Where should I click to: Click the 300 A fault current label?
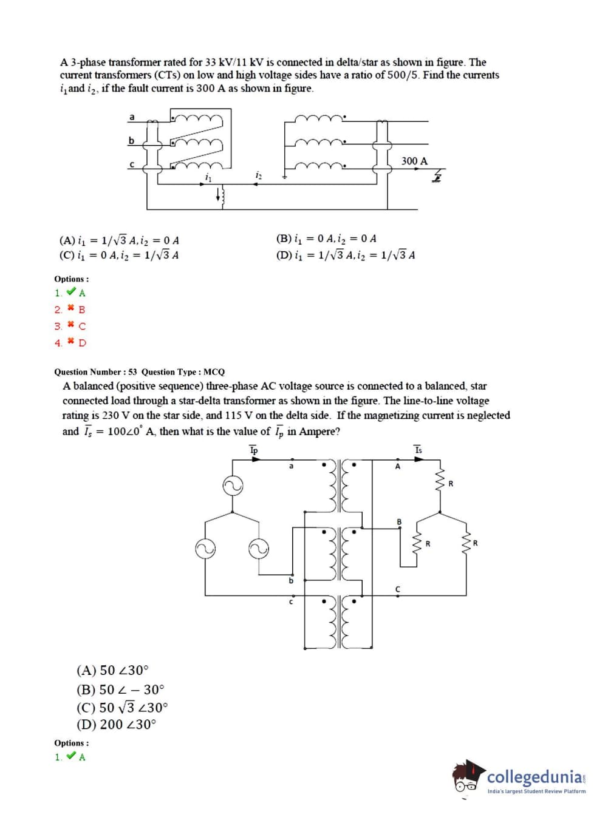(414, 161)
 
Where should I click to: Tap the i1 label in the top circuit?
(208, 177)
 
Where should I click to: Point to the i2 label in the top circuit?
(259, 175)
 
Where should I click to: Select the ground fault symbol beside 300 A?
(436, 177)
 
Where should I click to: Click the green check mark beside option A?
(72, 293)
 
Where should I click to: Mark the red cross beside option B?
(71, 309)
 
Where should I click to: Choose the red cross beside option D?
(71, 342)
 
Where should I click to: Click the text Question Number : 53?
(95, 371)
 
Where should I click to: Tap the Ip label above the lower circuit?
(254, 450)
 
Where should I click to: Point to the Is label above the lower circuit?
(418, 450)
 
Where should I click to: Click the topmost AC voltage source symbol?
(233, 486)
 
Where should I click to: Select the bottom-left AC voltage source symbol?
(205, 549)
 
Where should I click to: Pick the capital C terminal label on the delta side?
(398, 589)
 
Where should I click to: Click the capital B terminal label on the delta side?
(399, 521)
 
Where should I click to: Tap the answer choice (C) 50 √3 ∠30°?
(122, 708)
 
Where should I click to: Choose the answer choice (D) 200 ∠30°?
(116, 724)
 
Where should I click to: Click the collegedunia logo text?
(535, 777)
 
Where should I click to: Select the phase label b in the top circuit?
(131, 140)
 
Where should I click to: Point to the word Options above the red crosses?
(71, 279)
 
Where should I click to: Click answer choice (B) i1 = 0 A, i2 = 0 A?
(326, 239)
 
